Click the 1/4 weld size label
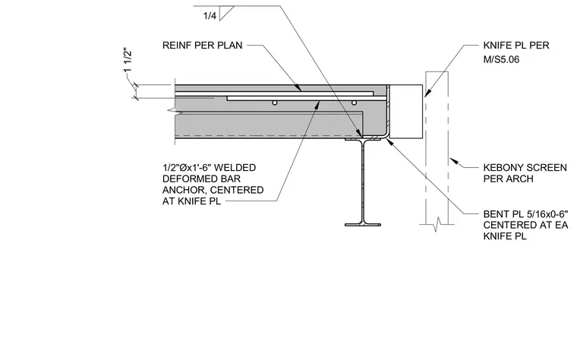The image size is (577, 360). click(x=210, y=16)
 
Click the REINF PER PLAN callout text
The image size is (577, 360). click(x=203, y=46)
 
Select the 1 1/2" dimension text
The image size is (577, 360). click(x=128, y=60)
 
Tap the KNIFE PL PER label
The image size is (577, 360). click(x=516, y=46)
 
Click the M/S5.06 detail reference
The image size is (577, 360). click(x=501, y=59)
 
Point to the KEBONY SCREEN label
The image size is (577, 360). click(x=525, y=168)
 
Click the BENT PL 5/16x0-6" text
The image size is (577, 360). click(x=526, y=214)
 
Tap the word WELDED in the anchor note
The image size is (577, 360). click(x=235, y=168)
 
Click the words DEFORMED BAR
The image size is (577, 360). click(x=201, y=179)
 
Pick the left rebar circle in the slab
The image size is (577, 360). click(x=275, y=103)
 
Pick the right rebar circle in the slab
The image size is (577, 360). click(x=354, y=103)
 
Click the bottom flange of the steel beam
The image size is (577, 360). click(x=363, y=224)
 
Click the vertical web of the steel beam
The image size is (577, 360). click(x=363, y=181)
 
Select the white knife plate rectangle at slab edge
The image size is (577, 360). click(x=406, y=112)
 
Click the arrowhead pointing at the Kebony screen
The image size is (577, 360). click(x=454, y=161)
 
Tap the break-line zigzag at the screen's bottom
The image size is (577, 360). click(x=437, y=224)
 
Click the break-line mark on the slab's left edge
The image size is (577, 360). click(x=172, y=110)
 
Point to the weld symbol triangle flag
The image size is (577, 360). click(x=227, y=13)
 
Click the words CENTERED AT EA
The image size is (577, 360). click(x=525, y=225)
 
